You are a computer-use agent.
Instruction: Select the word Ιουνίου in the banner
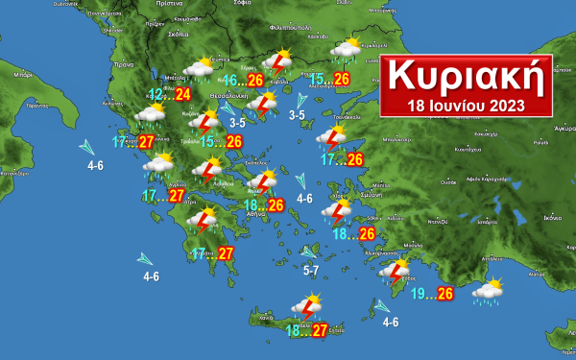(457, 104)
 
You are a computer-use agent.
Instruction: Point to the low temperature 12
(156, 94)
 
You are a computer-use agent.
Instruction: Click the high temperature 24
(182, 94)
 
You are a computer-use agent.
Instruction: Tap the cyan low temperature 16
(230, 80)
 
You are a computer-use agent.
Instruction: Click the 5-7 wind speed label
(312, 272)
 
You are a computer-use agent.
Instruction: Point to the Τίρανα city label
(122, 64)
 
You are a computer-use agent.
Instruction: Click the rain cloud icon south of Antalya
(489, 291)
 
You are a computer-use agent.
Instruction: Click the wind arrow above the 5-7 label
(309, 252)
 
